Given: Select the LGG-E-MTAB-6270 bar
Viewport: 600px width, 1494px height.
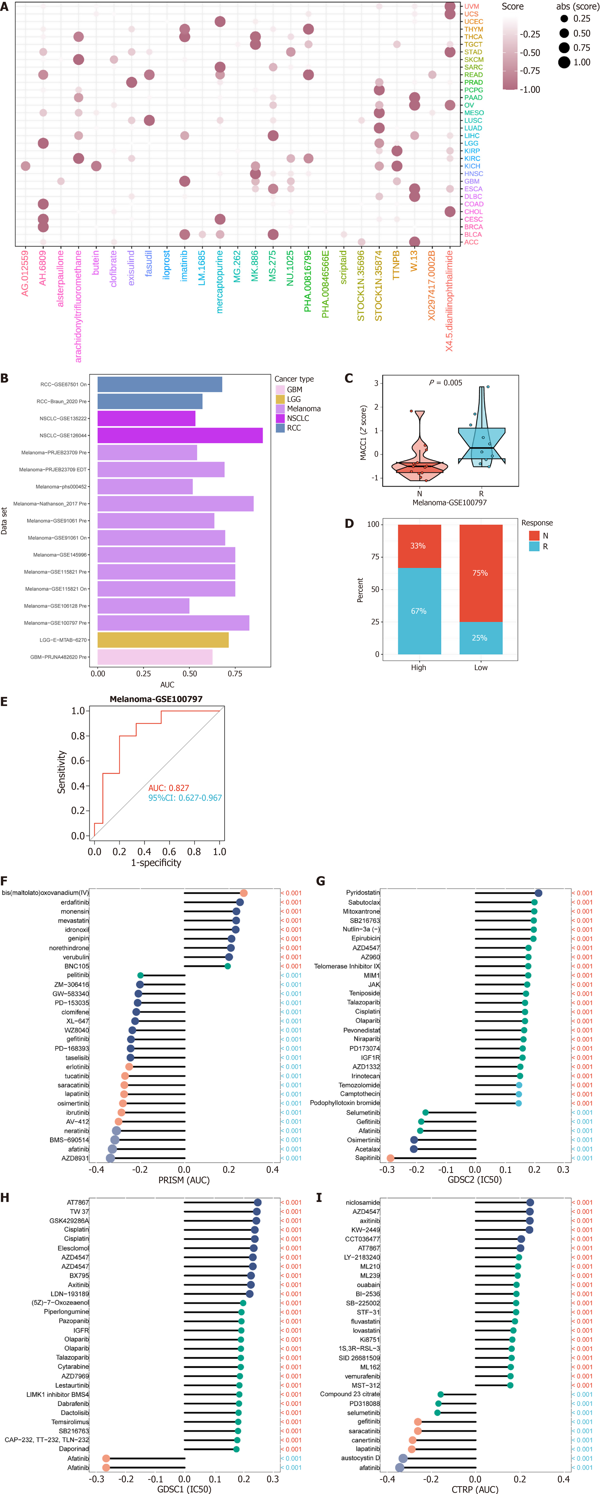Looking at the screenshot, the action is [163, 640].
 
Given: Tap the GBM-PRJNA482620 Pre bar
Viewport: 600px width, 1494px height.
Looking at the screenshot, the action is [155, 657].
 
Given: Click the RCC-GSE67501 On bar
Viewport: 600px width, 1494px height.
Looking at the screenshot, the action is [160, 384].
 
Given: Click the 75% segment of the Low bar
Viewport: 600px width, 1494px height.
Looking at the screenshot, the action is [481, 573].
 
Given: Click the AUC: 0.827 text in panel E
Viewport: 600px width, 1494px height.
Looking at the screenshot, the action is [168, 788].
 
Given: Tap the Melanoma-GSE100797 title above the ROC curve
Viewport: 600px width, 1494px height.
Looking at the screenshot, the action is [156, 699].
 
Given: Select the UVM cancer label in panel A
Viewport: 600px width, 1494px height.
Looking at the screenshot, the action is [472, 6].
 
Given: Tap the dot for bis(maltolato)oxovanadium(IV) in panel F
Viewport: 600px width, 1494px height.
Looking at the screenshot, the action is [244, 893].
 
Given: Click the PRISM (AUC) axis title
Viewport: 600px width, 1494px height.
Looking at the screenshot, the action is [184, 1180].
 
